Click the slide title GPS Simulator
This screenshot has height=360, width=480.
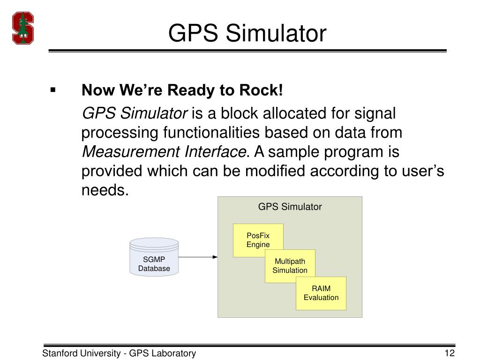click(247, 34)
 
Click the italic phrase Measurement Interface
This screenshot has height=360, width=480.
click(164, 152)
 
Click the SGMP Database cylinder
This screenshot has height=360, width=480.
click(154, 257)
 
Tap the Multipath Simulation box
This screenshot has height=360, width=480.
click(290, 266)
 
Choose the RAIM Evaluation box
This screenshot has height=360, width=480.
click(321, 293)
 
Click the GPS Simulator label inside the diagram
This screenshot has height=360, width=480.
click(290, 207)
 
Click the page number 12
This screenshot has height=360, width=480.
click(450, 353)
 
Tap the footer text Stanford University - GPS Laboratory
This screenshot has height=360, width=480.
click(119, 353)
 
